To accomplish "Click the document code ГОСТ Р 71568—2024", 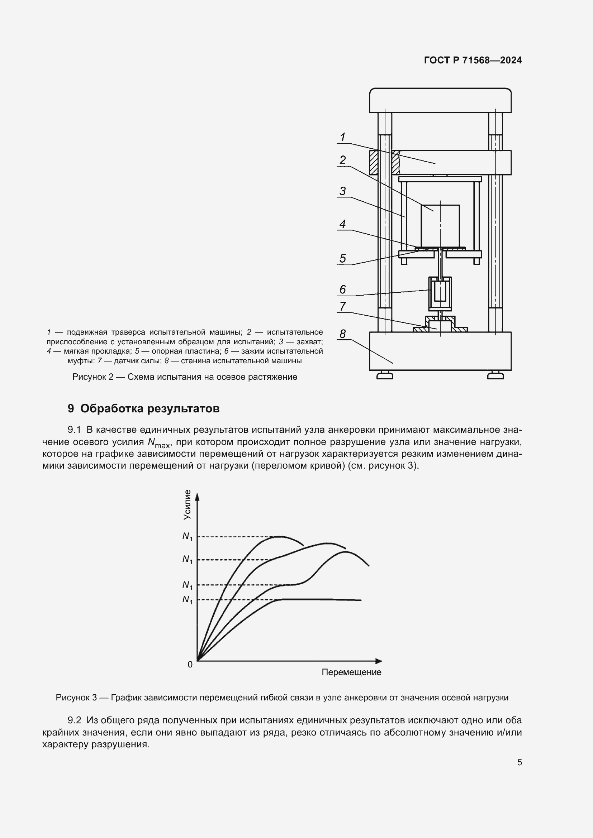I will pyautogui.click(x=473, y=60).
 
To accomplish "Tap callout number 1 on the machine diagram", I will pyautogui.click(x=342, y=137).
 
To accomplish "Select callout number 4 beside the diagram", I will pyautogui.click(x=342, y=224).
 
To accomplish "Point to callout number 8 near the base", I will pyautogui.click(x=342, y=334).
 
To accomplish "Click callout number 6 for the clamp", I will pyautogui.click(x=342, y=289).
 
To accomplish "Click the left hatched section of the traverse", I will pyautogui.click(x=373, y=162).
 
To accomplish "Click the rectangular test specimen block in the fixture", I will pyautogui.click(x=440, y=225).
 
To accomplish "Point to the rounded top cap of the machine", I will pyautogui.click(x=440, y=100).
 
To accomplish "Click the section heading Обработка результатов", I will pyautogui.click(x=150, y=408).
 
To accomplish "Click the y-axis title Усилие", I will pyautogui.click(x=187, y=505).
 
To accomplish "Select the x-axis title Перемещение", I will pyautogui.click(x=351, y=672).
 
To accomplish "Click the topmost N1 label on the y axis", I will pyautogui.click(x=187, y=537).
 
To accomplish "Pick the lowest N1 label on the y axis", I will pyautogui.click(x=187, y=600).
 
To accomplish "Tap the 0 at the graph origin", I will pyautogui.click(x=190, y=665).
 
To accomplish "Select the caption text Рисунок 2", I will pyautogui.click(x=93, y=377).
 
